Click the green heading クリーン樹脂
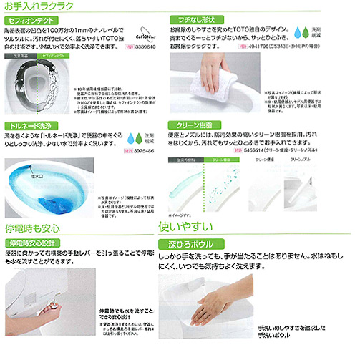pos(190,124)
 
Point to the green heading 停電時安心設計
pos(34,243)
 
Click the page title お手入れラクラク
pos(37,6)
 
